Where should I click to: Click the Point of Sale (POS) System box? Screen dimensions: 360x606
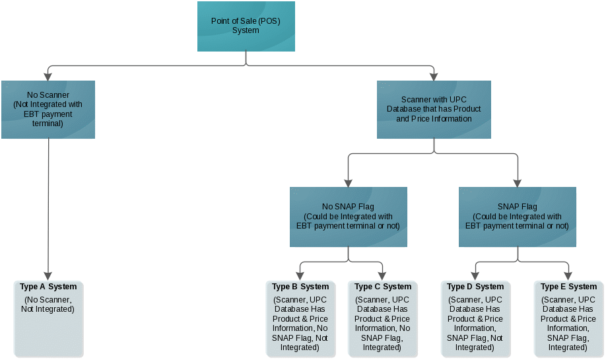pos(246,26)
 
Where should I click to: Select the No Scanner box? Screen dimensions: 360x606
pos(48,109)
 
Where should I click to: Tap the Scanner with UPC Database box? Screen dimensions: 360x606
pos(434,109)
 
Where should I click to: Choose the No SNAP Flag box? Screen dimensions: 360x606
pos(348,217)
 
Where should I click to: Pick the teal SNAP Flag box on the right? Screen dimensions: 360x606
pos(518,217)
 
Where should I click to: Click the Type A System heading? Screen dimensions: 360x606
pos(48,287)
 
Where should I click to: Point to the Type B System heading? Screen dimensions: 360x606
pos(300,287)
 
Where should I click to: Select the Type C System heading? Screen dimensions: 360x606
pos(383,287)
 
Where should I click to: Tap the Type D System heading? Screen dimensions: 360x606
pos(475,287)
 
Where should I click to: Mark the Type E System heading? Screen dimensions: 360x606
pos(568,287)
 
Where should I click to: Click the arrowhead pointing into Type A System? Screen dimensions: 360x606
pos(48,275)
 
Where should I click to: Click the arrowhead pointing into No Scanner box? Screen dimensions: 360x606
pos(48,76)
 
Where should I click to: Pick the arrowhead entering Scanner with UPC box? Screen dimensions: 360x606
pos(434,76)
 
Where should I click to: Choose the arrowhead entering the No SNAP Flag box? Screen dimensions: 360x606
pos(348,182)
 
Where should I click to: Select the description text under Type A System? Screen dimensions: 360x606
pos(48,305)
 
